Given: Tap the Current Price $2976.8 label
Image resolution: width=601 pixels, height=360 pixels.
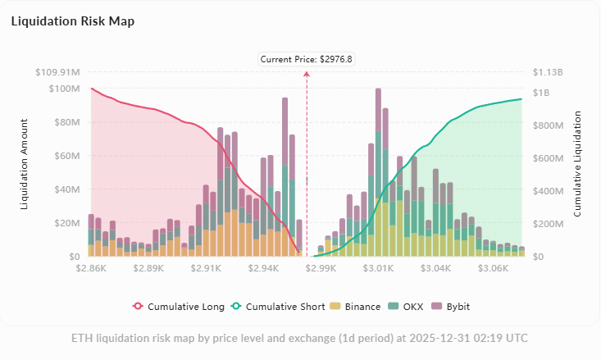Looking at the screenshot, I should pyautogui.click(x=307, y=59).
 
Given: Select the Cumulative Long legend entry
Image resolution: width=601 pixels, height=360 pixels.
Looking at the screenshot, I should pyautogui.click(x=179, y=307).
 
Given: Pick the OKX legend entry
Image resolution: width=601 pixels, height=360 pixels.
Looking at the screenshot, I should pyautogui.click(x=407, y=307).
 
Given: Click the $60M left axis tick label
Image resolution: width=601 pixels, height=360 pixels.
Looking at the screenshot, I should pyautogui.click(x=64, y=156).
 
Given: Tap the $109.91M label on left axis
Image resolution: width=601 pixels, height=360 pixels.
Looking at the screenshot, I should pyautogui.click(x=57, y=72).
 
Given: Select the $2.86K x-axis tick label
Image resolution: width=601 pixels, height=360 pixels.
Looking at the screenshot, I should pyautogui.click(x=91, y=268).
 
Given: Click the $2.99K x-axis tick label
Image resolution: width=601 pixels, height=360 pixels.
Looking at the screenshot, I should pyautogui.click(x=321, y=268).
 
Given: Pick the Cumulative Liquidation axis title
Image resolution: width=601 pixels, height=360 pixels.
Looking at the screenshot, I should pyautogui.click(x=578, y=164).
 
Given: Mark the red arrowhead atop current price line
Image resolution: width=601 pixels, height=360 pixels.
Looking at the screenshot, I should pyautogui.click(x=307, y=73).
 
